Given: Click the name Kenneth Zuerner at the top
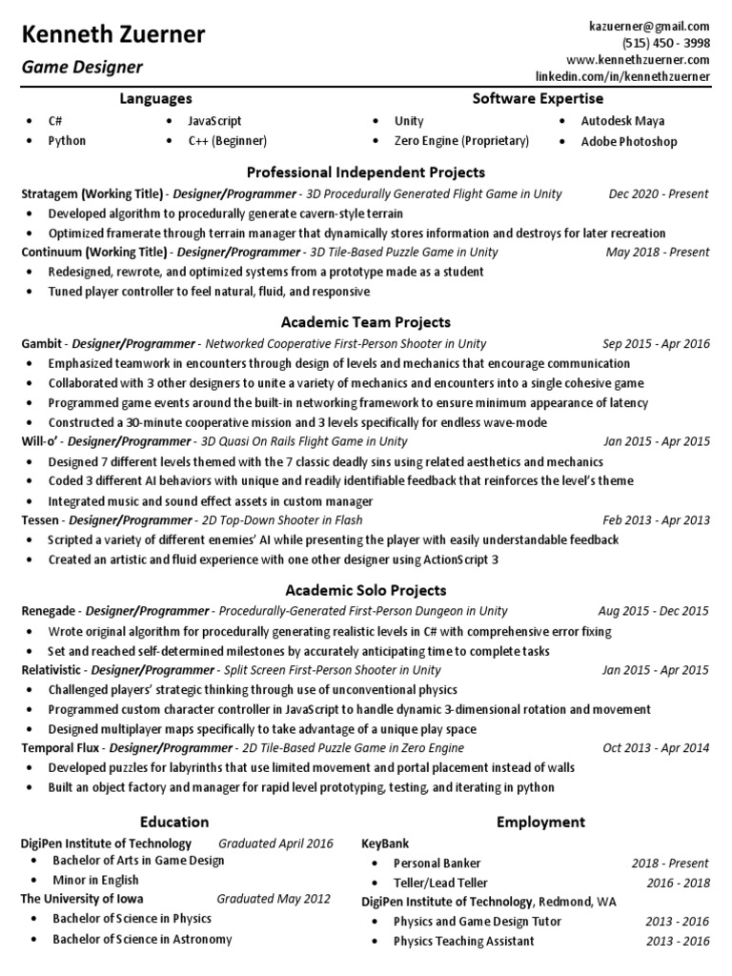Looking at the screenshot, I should (113, 35).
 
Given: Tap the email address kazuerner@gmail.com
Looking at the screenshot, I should (650, 27).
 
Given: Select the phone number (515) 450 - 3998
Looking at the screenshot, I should (666, 44).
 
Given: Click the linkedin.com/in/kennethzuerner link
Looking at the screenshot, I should (623, 76).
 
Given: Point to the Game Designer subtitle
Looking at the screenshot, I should (82, 68).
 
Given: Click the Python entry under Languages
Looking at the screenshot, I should (67, 141).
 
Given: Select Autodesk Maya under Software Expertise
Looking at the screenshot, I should (623, 121).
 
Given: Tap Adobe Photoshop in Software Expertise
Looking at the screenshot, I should (629, 141).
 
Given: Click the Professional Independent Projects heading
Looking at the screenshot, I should (366, 173).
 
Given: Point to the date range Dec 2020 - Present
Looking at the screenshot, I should (659, 193).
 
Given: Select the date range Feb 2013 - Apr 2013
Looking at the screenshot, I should (656, 519).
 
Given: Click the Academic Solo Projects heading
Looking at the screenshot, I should (366, 590).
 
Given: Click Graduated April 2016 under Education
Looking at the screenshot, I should (275, 844).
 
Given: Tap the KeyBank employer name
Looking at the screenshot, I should (384, 844).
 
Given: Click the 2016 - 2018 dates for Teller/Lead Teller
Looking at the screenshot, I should (678, 883).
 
